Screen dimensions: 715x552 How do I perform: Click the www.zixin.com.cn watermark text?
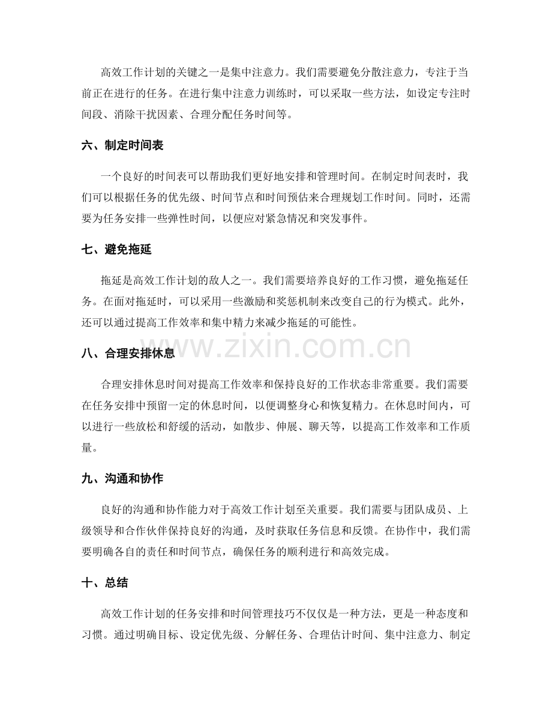pos(276,347)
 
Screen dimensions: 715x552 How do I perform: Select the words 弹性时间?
pos(212,219)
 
